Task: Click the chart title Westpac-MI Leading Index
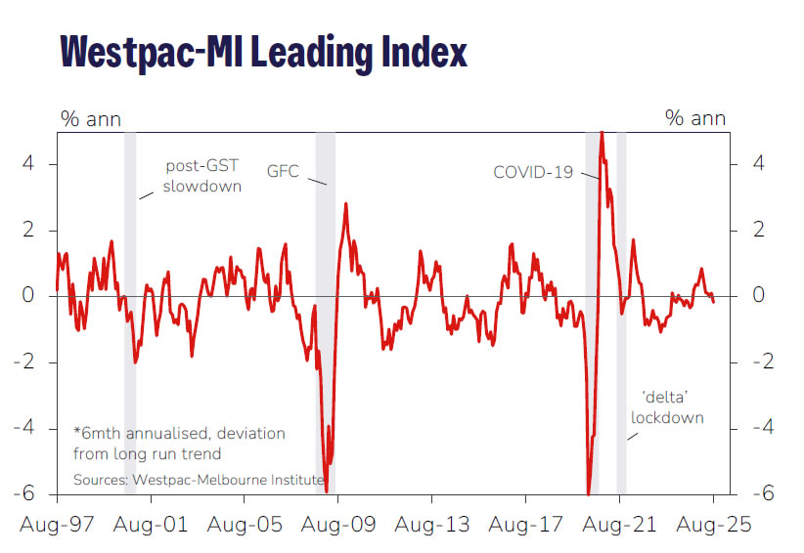click(x=263, y=51)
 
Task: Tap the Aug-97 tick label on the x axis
click(x=58, y=526)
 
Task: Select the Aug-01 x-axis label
click(x=152, y=526)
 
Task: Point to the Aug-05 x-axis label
click(x=245, y=526)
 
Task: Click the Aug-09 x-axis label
click(x=337, y=526)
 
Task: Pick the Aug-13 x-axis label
click(x=431, y=526)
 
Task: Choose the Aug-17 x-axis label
click(x=525, y=526)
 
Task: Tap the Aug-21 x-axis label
click(x=618, y=526)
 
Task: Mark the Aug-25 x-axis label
click(x=712, y=526)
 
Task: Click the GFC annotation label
click(x=283, y=171)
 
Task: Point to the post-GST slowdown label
click(x=201, y=176)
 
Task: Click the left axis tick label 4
click(x=28, y=163)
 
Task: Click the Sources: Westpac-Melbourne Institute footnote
click(x=198, y=480)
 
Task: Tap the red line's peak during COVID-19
click(x=601, y=133)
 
